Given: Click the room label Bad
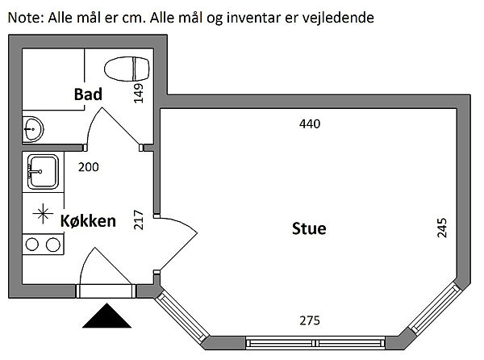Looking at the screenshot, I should point(88,94).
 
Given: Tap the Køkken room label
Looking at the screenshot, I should point(89,220).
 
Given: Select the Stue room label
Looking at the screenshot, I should point(308,228).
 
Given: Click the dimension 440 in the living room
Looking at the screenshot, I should point(310,124).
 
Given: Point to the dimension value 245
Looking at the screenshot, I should point(441,228).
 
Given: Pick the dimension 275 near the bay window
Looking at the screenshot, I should point(310,320).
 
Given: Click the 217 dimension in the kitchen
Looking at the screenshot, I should point(139,220).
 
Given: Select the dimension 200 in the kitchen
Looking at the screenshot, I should point(88,167).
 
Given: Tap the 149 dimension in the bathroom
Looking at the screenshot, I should point(139,94).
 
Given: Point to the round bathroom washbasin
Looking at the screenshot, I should point(32,128).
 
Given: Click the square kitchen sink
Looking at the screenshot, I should point(42,170).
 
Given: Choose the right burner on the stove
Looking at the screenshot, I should point(52,244).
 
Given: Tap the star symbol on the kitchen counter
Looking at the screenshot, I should point(41,214).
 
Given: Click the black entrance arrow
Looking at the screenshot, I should point(105,316).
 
